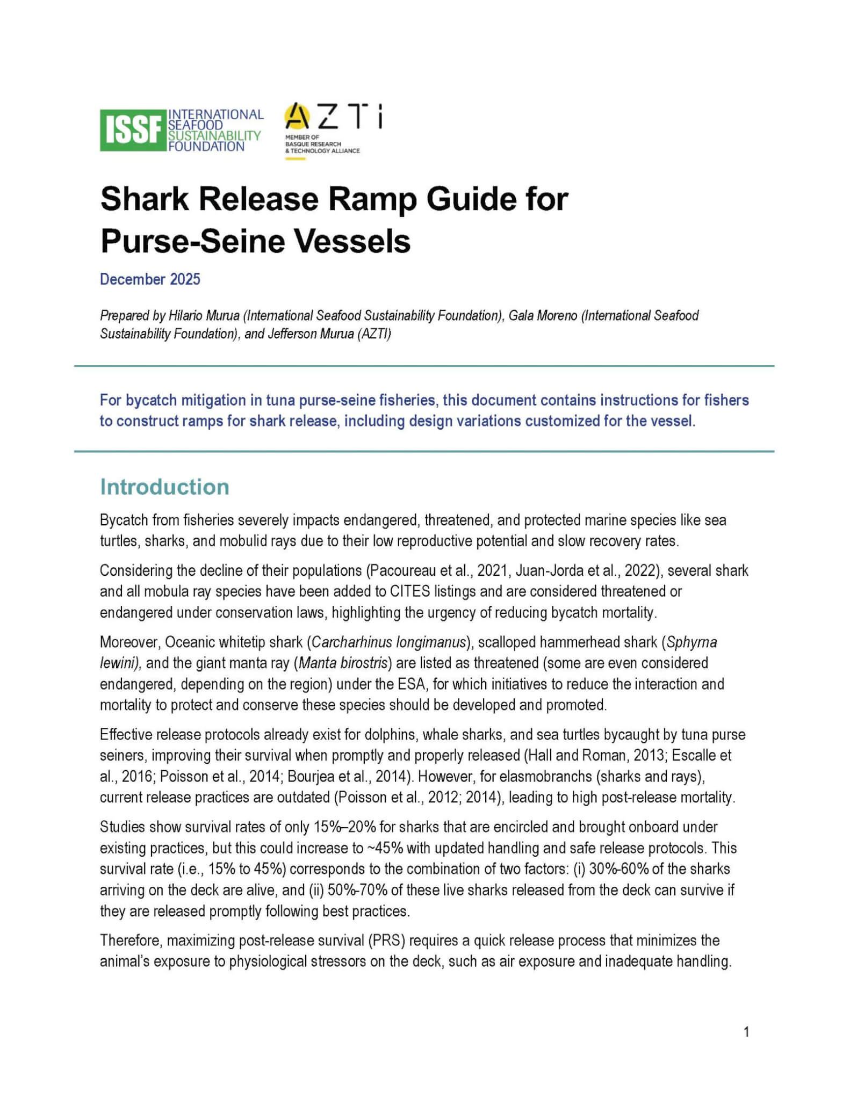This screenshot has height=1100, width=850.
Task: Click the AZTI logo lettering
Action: click(x=333, y=117)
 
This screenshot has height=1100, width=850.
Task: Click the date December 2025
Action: click(x=150, y=279)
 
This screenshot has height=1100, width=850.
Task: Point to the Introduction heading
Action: click(x=164, y=487)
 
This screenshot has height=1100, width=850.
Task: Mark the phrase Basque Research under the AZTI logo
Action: click(x=313, y=144)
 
